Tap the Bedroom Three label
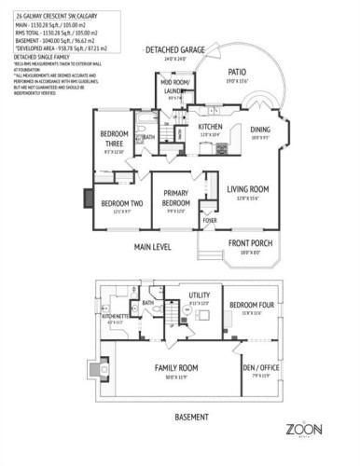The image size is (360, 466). [115, 139]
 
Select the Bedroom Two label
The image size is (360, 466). [121, 203]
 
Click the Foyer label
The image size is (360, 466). [211, 220]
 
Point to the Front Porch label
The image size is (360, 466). [246, 245]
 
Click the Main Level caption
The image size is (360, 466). [152, 247]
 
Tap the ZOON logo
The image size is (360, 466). [303, 429]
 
